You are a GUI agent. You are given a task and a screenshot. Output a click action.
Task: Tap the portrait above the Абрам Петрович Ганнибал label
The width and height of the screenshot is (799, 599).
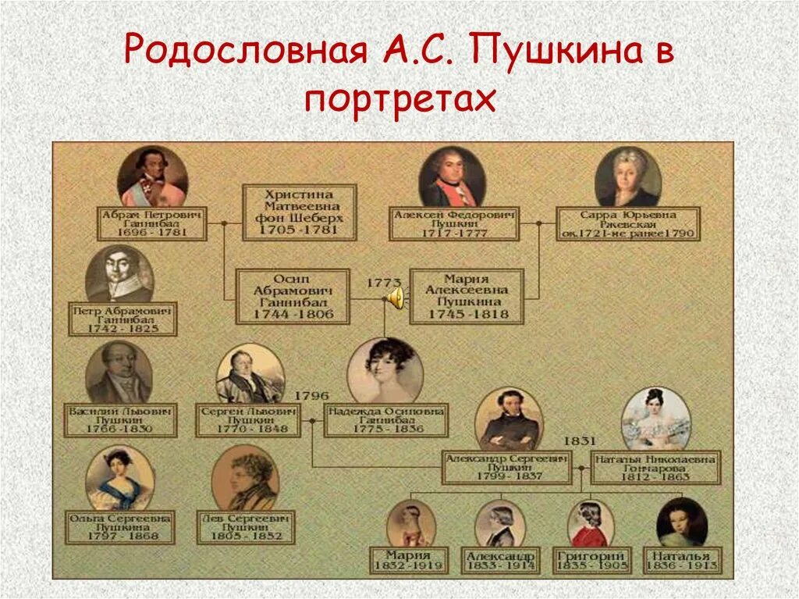[x=153, y=176]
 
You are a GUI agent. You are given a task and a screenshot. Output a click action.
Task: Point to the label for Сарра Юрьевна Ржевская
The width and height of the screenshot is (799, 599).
[x=628, y=223]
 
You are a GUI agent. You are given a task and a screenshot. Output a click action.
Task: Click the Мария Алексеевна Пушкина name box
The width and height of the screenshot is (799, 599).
[x=466, y=297]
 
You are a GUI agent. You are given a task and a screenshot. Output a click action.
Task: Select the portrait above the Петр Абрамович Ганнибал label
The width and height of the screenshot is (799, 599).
[x=119, y=273]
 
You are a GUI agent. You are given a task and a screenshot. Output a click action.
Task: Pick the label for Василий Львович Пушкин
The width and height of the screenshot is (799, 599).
[x=120, y=419]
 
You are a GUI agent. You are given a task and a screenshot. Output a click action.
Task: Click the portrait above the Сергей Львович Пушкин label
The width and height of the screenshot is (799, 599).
[x=250, y=374]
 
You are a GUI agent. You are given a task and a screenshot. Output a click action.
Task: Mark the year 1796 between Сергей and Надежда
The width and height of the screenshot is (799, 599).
[x=310, y=395]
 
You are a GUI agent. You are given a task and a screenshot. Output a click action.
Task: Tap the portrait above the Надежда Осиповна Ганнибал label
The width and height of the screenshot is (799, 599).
[x=385, y=370]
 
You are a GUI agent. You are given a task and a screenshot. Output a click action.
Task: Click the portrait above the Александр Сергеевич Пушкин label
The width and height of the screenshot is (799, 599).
[x=510, y=419]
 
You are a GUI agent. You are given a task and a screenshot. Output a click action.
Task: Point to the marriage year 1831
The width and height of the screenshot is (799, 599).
[x=578, y=440]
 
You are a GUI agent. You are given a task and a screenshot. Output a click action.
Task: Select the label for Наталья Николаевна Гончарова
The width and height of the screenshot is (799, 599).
[x=655, y=467]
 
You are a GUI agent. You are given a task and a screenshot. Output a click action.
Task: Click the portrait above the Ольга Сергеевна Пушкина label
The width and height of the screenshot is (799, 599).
[x=119, y=477]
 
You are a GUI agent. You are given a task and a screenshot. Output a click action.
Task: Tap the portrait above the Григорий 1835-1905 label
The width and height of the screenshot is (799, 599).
[x=591, y=523]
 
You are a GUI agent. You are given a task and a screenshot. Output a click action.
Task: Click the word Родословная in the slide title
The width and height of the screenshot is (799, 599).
[x=246, y=54]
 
